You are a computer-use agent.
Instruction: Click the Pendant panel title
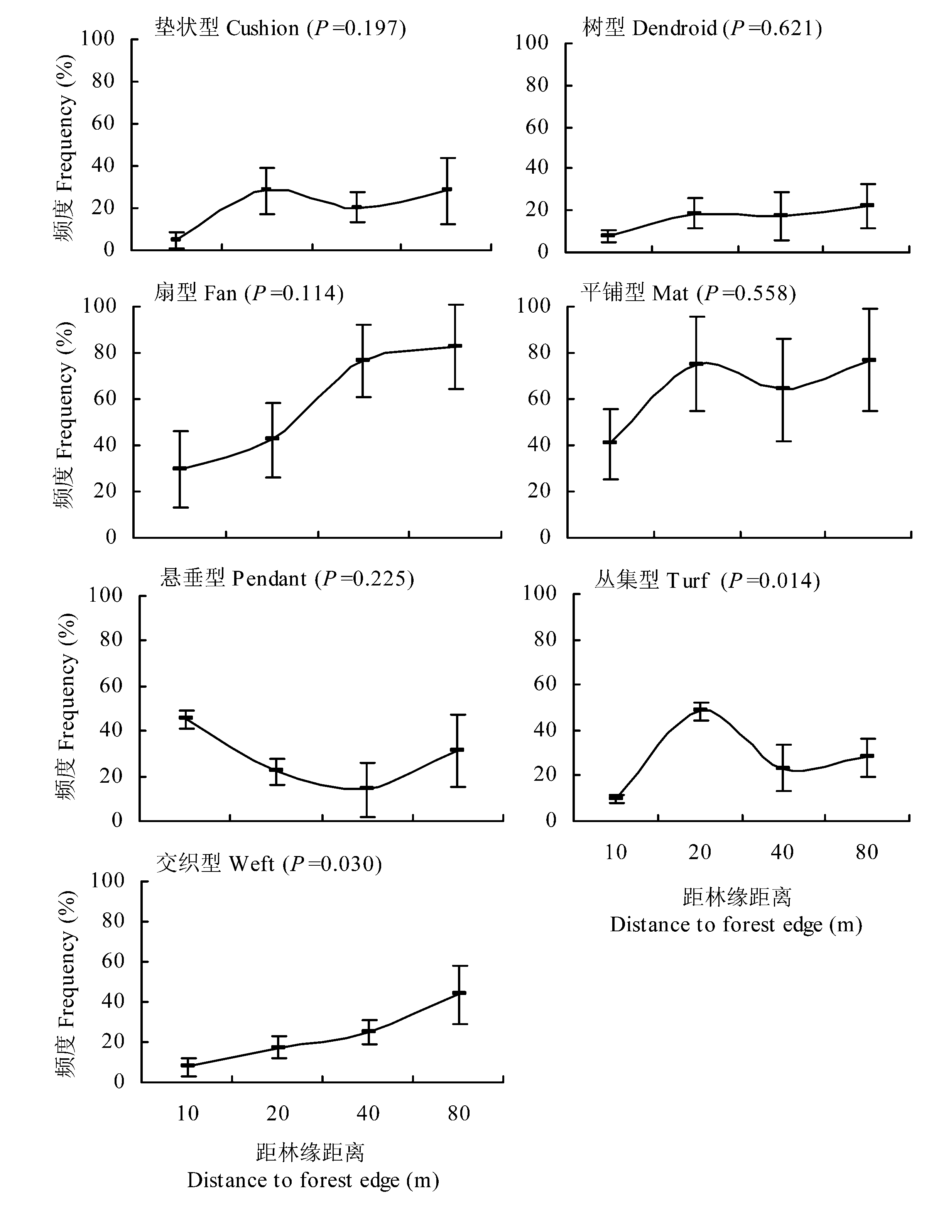(x=287, y=579)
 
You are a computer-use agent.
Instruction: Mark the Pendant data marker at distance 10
(x=186, y=718)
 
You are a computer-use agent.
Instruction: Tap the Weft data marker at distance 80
(x=459, y=993)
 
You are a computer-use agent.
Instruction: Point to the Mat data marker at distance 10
(x=610, y=442)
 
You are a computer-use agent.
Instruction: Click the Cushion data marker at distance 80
(x=447, y=190)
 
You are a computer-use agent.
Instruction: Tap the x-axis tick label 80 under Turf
(x=867, y=852)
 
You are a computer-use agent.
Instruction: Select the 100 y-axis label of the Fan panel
(x=100, y=306)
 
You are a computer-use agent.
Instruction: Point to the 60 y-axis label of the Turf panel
(x=545, y=684)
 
